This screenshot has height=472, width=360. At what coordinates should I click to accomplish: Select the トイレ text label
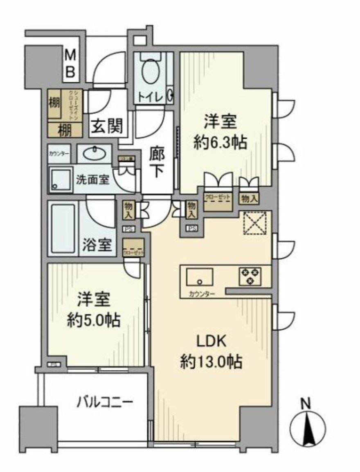tap(151, 97)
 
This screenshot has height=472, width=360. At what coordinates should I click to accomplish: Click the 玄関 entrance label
tap(106, 127)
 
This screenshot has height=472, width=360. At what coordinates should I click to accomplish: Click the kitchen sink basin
tap(200, 277)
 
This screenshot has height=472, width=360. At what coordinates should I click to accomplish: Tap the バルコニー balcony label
tap(105, 402)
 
